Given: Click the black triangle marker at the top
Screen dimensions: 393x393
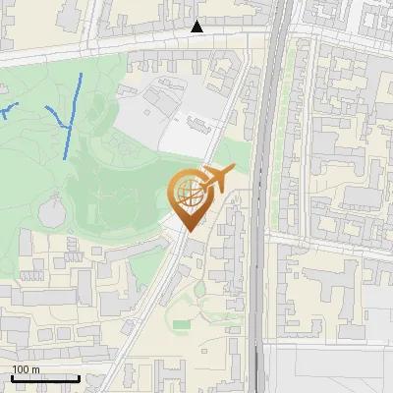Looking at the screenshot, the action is [x=197, y=27].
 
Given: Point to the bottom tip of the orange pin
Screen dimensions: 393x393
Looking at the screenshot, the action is [x=188, y=231].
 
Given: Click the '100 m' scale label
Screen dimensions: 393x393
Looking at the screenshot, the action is [x=26, y=369].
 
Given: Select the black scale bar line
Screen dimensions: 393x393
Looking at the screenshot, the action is [x=45, y=378].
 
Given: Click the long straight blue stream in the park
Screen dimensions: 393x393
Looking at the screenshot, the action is [x=72, y=116].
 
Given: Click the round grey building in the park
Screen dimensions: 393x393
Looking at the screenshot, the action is [x=55, y=209].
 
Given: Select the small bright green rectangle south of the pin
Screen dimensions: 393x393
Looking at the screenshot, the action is [x=182, y=322].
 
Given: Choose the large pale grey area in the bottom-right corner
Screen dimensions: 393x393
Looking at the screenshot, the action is [x=334, y=368].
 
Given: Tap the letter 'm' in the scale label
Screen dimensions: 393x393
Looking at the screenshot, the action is [x=35, y=369].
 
